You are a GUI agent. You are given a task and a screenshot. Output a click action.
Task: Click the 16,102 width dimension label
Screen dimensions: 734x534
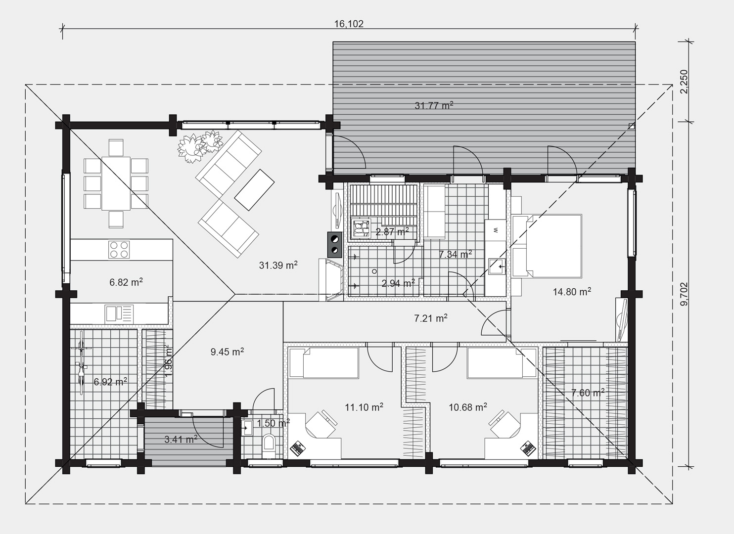[x=349, y=24]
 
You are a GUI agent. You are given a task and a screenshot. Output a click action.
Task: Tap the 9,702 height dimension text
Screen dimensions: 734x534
[x=685, y=294]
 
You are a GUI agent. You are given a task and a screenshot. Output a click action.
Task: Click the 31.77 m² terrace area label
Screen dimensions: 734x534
[x=434, y=105]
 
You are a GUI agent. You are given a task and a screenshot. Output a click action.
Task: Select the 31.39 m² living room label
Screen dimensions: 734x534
[x=278, y=265]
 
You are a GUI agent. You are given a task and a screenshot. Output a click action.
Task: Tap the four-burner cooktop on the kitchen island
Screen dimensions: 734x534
[x=119, y=250]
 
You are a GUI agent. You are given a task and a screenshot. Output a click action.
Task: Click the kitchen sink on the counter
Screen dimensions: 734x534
[x=119, y=313]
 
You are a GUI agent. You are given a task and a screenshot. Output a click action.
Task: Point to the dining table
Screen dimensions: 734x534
[x=116, y=183]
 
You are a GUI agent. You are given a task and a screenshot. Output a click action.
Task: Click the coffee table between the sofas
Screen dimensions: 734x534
[x=254, y=190]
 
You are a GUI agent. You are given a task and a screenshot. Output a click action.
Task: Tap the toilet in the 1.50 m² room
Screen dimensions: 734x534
[x=269, y=445]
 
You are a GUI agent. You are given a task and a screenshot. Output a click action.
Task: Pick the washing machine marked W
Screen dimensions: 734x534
[x=495, y=230]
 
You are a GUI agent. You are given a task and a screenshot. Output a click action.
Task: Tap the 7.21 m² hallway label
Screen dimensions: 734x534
[x=431, y=318]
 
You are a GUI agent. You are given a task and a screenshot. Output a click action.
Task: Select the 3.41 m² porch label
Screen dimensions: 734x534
[x=181, y=439]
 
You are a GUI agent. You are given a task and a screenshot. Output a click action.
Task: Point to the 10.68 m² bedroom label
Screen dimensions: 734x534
[x=467, y=407]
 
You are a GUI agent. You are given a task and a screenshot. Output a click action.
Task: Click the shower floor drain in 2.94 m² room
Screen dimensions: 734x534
[x=374, y=271]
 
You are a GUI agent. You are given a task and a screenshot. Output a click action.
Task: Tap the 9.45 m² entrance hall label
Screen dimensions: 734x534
[x=227, y=352]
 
